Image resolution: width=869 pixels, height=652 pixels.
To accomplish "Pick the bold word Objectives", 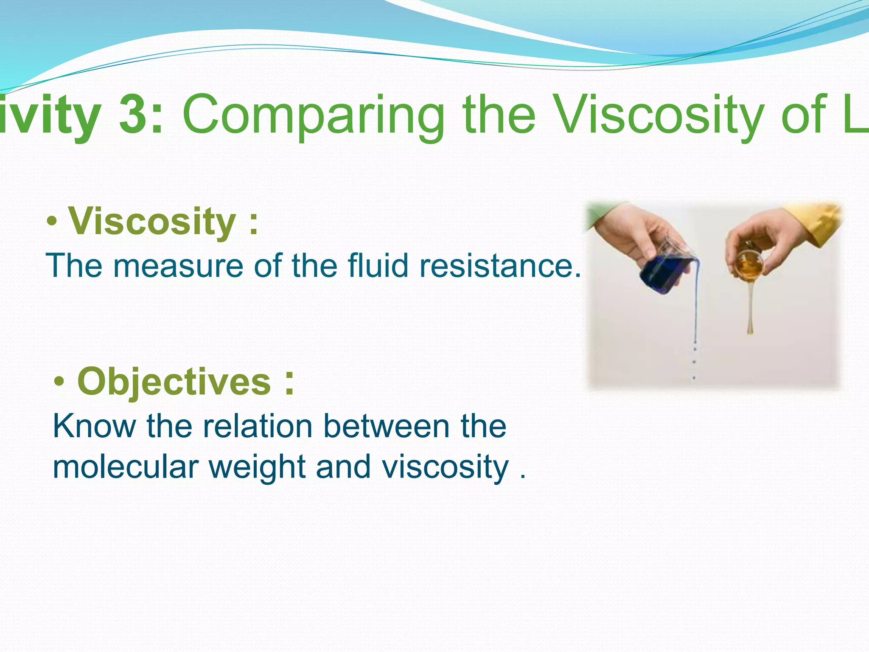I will point(174,382).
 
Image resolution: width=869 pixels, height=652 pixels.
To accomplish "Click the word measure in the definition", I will point(179,266).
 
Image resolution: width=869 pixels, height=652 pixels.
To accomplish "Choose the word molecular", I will point(126,467).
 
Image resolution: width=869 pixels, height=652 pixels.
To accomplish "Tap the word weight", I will point(258,467).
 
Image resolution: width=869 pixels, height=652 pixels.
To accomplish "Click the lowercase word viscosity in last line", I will point(445,467).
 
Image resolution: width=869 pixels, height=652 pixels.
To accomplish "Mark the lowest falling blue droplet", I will point(694,377).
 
